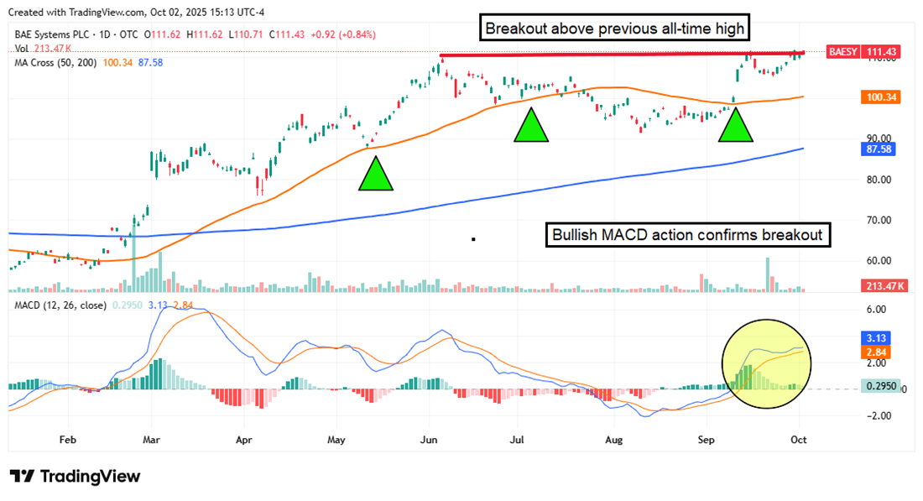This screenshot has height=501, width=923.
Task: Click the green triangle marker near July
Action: click(530, 126)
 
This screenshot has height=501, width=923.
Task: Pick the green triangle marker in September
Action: click(737, 124)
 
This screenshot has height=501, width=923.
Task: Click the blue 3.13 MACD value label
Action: click(875, 337)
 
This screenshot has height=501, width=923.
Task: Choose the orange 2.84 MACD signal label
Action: click(875, 352)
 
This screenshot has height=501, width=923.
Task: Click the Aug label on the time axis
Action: click(614, 439)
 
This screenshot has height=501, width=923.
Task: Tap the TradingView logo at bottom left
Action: click(75, 477)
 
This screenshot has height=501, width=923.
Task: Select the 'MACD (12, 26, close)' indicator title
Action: click(60, 305)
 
